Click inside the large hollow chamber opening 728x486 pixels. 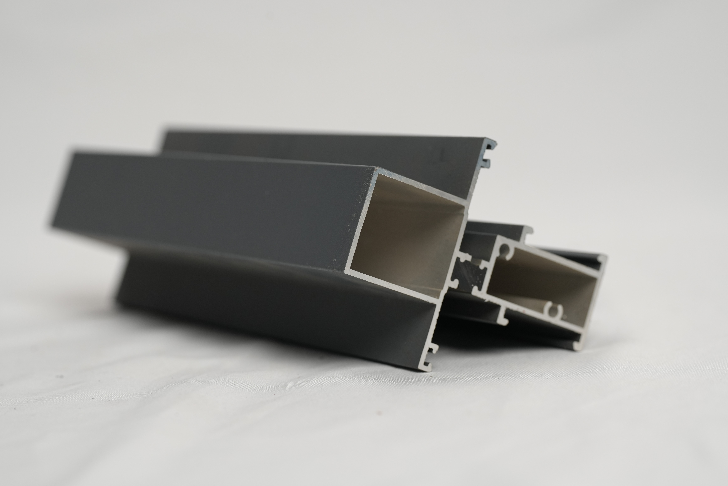click(x=409, y=236)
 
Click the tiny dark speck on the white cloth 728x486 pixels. click(x=59, y=377)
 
